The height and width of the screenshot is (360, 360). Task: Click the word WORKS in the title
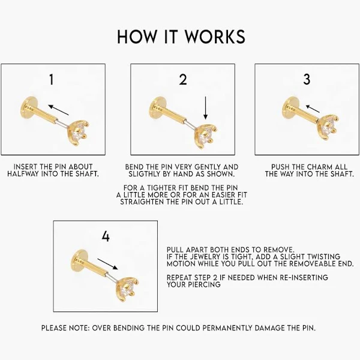pyautogui.click(x=215, y=37)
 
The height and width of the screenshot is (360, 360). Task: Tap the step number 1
pyautogui.click(x=52, y=79)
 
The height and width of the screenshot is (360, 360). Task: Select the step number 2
pyautogui.click(x=183, y=79)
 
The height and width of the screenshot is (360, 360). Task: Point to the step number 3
pyautogui.click(x=307, y=79)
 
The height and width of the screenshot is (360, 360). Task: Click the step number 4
pyautogui.click(x=106, y=236)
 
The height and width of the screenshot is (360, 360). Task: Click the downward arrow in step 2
pyautogui.click(x=205, y=108)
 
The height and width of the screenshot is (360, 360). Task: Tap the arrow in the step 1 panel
pyautogui.click(x=59, y=110)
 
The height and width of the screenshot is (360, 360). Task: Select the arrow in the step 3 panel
pyautogui.click(x=313, y=109)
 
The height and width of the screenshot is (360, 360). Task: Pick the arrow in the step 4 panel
pyautogui.click(x=107, y=264)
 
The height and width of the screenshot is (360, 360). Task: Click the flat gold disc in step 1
pyautogui.click(x=29, y=108)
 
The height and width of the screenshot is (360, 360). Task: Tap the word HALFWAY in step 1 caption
pyautogui.click(x=23, y=174)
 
